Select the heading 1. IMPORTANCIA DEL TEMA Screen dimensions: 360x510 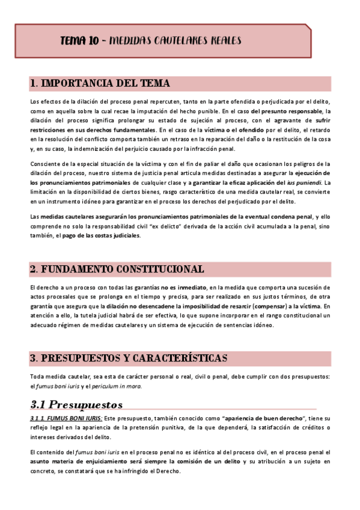(100, 83)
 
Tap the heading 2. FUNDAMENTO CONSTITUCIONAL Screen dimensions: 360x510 (117, 269)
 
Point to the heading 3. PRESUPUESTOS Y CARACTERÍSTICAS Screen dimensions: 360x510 (128, 358)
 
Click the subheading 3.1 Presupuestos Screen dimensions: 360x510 (76, 404)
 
